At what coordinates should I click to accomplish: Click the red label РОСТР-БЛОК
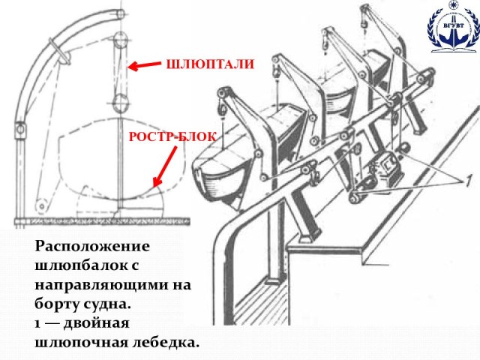click(x=172, y=136)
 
